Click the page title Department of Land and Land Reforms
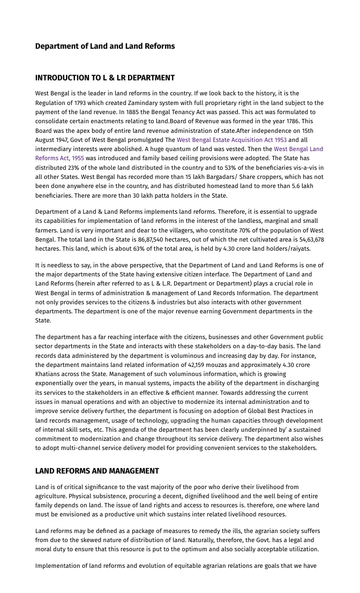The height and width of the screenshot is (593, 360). pos(105,46)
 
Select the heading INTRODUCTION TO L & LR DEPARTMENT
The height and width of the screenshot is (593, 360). pos(105,78)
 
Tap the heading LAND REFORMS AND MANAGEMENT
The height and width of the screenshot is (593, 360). pos(97,471)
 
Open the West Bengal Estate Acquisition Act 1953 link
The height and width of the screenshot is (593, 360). pos(231,140)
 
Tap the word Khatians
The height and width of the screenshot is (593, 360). pos(49,374)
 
